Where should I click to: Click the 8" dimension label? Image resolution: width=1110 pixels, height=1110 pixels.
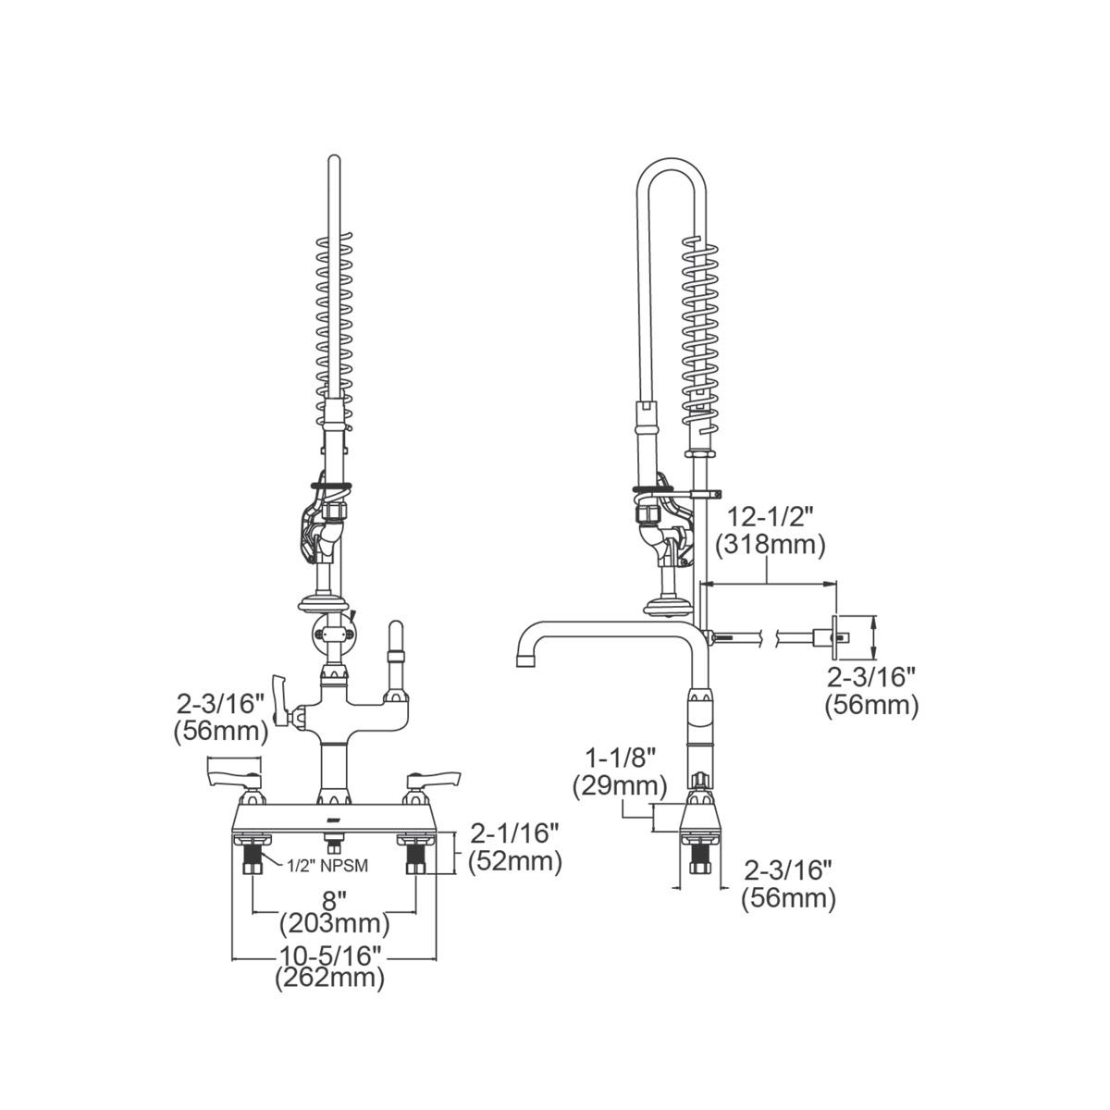tap(334, 898)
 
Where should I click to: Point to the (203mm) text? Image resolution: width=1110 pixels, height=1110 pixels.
tap(334, 923)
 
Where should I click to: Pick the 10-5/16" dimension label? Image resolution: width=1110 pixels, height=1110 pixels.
tap(330, 955)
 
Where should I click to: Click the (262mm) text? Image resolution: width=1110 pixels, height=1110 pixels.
tap(330, 979)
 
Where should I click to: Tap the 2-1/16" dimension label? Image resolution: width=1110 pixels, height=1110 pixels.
tap(514, 832)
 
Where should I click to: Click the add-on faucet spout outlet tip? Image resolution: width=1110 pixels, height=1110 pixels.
tap(524, 660)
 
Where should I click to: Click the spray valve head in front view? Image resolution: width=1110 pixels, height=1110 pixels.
tap(317, 532)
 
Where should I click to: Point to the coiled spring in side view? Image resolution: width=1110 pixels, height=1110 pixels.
tap(700, 333)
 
